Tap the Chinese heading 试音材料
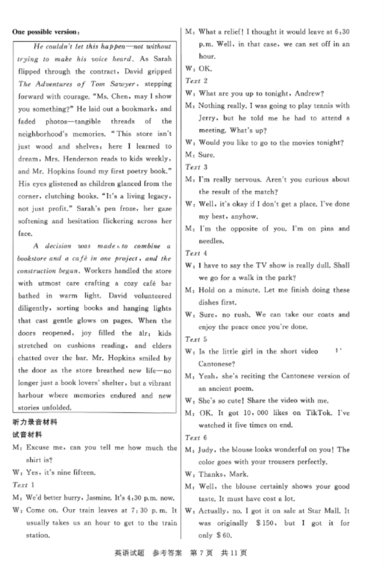click(x=28, y=435)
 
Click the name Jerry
click(x=208, y=118)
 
